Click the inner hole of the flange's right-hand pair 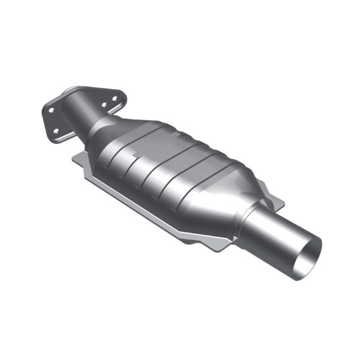[104, 105]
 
